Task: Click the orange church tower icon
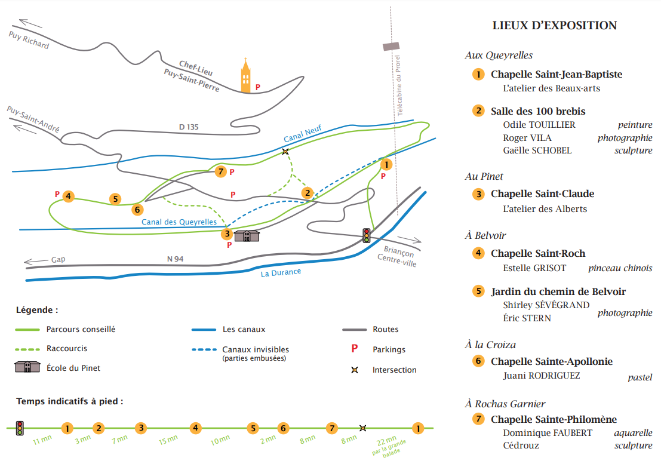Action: point(245,76)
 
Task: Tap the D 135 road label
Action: point(189,127)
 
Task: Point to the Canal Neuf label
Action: point(303,133)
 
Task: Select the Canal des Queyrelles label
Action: point(179,222)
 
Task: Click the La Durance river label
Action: point(281,273)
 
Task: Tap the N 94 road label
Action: point(175,259)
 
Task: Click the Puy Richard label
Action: point(29,39)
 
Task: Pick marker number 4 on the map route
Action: point(68,196)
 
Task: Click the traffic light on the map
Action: point(367,235)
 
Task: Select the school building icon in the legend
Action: point(27,367)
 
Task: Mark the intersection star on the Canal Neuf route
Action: point(285,151)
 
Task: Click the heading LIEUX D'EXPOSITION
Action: point(554,25)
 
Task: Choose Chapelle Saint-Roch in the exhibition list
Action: point(538,253)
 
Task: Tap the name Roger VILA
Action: point(527,138)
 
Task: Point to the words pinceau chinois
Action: point(620,268)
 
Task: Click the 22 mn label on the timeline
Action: point(386,441)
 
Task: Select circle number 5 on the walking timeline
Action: point(253,428)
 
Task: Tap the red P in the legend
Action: point(355,349)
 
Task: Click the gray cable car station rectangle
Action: point(391,46)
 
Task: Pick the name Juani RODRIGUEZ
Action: point(541,376)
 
